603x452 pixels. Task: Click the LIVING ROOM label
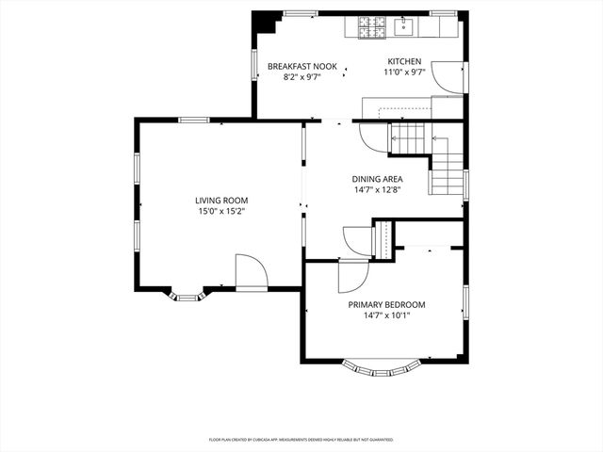(x=221, y=200)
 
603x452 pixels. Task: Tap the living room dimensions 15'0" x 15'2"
(x=221, y=212)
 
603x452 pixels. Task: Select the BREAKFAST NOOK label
(x=301, y=66)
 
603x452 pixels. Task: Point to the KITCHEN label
(x=404, y=62)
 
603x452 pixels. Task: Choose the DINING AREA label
(x=377, y=179)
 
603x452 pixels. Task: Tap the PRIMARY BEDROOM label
(x=386, y=304)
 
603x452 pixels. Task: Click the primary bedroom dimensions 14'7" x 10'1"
(x=386, y=316)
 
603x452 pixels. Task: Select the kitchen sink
(x=404, y=26)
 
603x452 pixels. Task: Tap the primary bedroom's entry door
(x=351, y=276)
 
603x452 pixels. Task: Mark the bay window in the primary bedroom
(x=383, y=366)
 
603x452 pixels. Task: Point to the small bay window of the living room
(x=186, y=298)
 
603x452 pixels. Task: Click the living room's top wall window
(x=194, y=120)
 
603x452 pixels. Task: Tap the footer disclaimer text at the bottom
(x=301, y=440)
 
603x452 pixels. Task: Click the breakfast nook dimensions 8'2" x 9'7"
(x=301, y=77)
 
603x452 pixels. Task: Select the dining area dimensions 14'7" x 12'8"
(x=377, y=190)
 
